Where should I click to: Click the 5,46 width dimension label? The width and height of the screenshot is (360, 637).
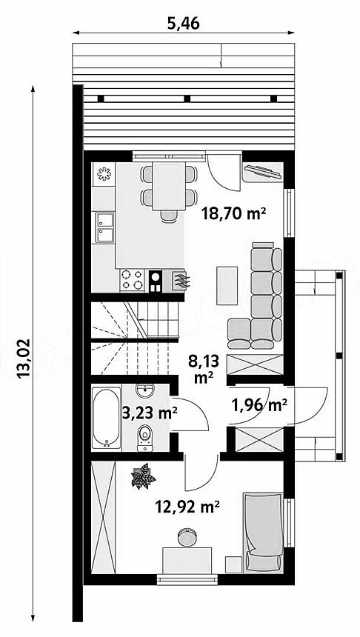(184, 24)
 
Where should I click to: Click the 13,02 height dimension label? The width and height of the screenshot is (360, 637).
(24, 358)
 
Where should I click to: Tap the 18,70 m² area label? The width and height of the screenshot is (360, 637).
(234, 213)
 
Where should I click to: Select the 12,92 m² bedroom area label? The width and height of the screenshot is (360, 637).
(187, 507)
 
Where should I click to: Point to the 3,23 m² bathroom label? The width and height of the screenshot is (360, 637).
(150, 413)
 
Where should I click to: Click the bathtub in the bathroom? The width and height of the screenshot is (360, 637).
(106, 418)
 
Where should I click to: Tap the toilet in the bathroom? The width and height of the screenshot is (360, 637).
(145, 438)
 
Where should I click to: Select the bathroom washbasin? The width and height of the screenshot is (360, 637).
(144, 391)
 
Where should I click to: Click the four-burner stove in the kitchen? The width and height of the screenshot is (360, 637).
(132, 280)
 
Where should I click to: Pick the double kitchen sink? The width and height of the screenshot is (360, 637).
(104, 227)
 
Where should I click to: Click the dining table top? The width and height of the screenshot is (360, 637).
(169, 186)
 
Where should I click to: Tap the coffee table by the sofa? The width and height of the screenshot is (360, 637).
(227, 285)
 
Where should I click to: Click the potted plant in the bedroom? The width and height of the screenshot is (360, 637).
(143, 476)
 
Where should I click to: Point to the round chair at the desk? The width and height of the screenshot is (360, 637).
(187, 536)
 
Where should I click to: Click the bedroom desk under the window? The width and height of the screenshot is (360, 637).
(187, 560)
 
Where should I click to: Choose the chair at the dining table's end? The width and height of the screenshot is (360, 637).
(169, 216)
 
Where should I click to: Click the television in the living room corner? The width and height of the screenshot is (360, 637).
(262, 171)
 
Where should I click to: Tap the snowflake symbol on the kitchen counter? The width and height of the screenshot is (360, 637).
(104, 174)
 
